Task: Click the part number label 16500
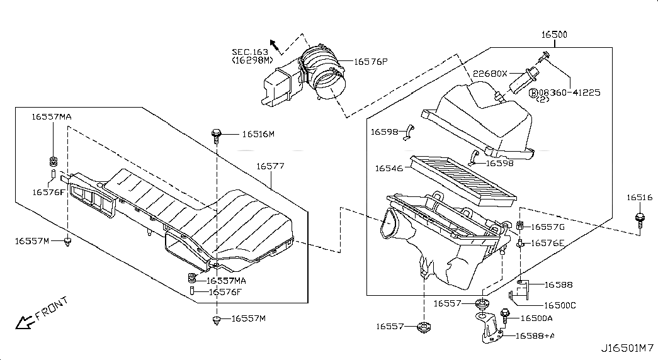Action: (554, 35)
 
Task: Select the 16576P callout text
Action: (370, 62)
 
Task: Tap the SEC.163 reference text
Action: (250, 52)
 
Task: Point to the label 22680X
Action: (491, 73)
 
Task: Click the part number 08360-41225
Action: (569, 92)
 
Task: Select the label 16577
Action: (270, 166)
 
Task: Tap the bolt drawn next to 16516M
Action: (217, 135)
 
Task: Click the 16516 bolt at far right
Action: (640, 220)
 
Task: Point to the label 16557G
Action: (547, 227)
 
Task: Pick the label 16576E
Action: (547, 243)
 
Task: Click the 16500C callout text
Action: (560, 305)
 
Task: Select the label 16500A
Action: (536, 318)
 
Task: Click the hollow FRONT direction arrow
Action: (25, 322)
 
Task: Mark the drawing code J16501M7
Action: (626, 347)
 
